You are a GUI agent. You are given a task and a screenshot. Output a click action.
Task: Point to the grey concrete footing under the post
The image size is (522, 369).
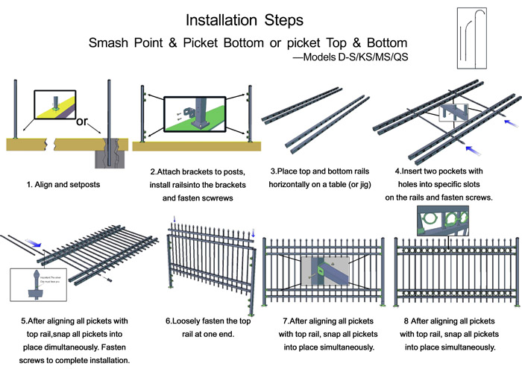(108, 154)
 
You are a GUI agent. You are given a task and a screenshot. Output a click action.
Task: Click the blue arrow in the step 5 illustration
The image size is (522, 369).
(34, 241)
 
